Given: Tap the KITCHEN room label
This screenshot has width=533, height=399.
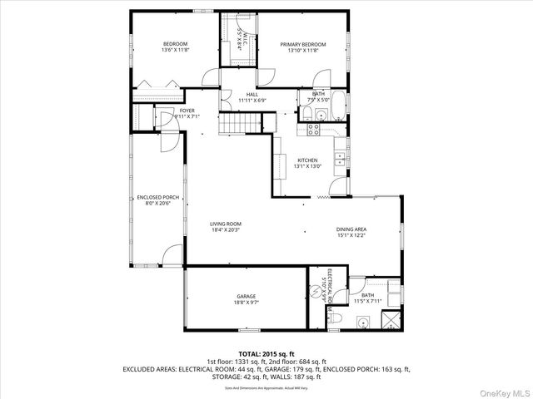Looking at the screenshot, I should point(307,160).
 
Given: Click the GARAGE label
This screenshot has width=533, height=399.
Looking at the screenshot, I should point(246,296).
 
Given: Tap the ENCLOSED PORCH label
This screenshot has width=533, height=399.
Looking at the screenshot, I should point(154,197).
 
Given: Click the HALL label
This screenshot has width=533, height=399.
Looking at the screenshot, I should point(252,95).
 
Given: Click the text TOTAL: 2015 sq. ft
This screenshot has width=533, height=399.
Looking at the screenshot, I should point(266,354).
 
